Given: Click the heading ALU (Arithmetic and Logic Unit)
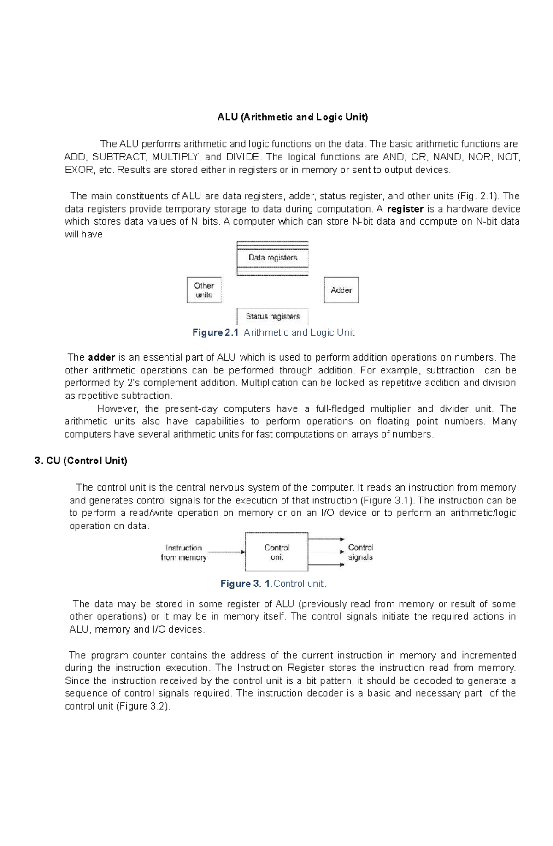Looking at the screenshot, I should point(293,117).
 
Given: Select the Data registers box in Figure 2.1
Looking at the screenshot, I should point(272,258).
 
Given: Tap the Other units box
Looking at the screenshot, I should point(204,290).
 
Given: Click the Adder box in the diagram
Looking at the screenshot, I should point(341,290).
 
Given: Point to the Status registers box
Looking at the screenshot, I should point(272,316).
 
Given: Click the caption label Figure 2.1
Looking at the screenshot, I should point(215,332).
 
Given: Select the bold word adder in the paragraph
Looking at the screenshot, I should point(101,357).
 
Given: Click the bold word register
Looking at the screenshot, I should point(405,209).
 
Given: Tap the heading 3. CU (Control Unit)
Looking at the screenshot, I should point(81,461).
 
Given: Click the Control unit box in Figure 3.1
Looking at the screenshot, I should point(276,552).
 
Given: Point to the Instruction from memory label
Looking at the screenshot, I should point(183,552).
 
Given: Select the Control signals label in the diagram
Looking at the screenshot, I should point(360,552).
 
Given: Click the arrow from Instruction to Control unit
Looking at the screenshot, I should point(226,551).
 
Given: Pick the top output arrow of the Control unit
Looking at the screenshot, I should point(326,539).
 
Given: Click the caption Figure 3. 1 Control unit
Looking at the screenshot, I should point(273,584).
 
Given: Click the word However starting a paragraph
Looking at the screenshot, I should point(118,409).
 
